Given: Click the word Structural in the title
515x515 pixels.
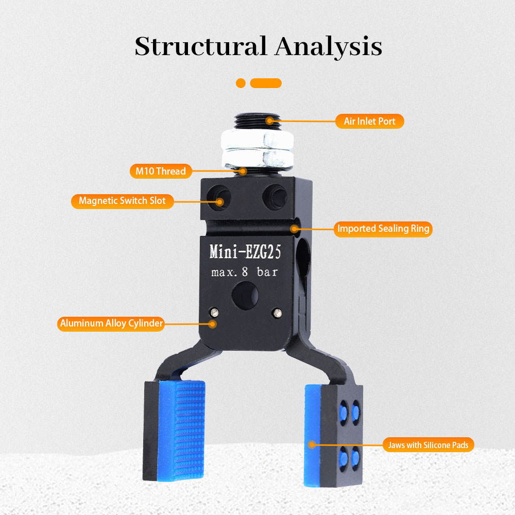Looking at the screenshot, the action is click(200, 46).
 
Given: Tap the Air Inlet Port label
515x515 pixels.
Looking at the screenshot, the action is click(369, 121).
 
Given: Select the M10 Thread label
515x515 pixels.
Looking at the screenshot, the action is click(161, 171).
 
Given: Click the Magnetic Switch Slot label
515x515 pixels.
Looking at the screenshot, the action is click(122, 201).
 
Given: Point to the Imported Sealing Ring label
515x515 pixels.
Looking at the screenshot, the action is click(383, 229).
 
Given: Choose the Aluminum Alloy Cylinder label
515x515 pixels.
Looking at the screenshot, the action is click(111, 323).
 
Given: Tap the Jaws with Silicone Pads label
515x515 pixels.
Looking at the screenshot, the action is click(428, 445).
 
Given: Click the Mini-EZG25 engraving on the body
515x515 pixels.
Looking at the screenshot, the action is click(245, 252).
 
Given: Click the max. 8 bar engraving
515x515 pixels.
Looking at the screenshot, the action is click(245, 272).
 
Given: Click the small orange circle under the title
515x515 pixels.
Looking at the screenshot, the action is click(241, 83).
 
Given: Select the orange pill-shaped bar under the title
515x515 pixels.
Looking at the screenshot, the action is click(266, 83).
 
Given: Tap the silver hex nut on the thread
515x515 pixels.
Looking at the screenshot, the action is click(257, 149).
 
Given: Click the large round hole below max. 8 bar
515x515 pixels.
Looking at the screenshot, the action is click(245, 296).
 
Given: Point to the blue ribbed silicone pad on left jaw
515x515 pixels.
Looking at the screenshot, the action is click(181, 430).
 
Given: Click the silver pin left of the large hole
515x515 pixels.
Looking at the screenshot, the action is click(214, 312).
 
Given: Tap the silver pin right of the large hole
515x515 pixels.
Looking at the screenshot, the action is click(278, 313).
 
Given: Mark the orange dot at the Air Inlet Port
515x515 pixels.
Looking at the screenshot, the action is click(270, 121).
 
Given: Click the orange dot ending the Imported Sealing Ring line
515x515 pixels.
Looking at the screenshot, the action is click(295, 229).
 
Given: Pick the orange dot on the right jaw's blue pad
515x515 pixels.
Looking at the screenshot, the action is click(312, 445).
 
